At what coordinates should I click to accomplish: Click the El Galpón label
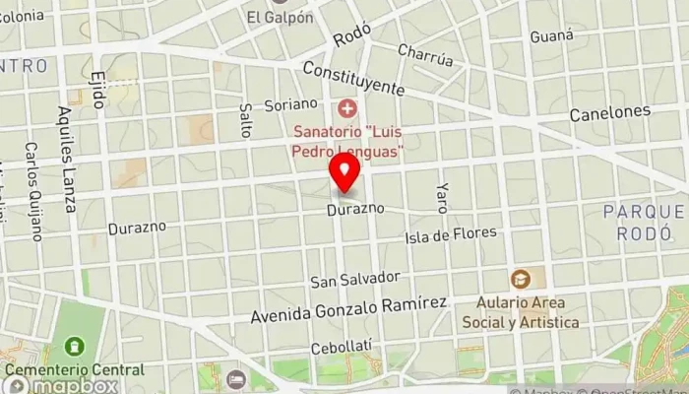click(x=280, y=17)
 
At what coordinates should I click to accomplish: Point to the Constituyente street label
click(x=353, y=78)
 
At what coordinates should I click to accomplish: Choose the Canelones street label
click(x=609, y=113)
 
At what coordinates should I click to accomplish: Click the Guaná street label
click(x=551, y=36)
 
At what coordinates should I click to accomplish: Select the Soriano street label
click(x=291, y=103)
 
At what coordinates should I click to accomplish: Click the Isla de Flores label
click(x=451, y=235)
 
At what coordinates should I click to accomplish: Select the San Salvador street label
click(x=355, y=279)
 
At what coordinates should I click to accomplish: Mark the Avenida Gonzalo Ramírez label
click(x=348, y=310)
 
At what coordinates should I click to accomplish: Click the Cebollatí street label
click(x=341, y=348)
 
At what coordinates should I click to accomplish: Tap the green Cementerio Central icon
click(x=74, y=347)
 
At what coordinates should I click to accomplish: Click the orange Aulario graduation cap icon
click(x=520, y=279)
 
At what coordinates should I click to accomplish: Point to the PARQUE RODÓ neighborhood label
click(x=644, y=223)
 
